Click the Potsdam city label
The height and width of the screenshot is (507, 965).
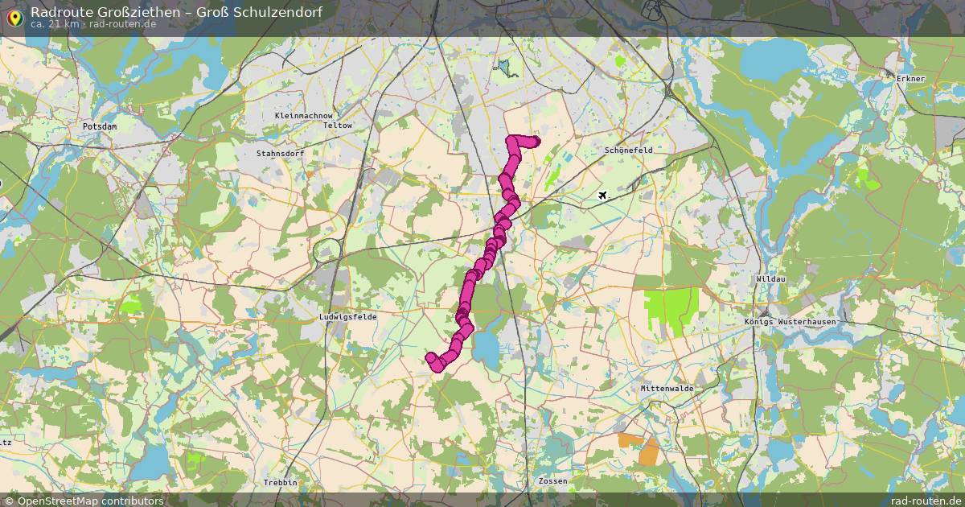(100, 126)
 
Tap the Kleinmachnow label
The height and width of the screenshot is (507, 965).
(303, 116)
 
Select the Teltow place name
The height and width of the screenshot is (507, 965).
(337, 126)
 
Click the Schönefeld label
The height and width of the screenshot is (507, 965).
(628, 150)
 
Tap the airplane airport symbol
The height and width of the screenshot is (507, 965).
(603, 195)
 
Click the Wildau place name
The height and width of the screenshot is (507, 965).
(770, 279)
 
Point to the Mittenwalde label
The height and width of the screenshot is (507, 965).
(667, 388)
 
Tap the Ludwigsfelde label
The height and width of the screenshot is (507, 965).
(347, 317)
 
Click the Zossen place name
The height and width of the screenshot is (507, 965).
(552, 481)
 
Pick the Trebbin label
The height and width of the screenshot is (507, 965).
(280, 482)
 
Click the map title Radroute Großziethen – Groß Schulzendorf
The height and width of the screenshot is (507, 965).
(176, 11)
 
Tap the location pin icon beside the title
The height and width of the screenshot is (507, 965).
(14, 16)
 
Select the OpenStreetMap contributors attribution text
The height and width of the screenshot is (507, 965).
(84, 501)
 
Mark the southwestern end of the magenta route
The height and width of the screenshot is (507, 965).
(431, 358)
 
